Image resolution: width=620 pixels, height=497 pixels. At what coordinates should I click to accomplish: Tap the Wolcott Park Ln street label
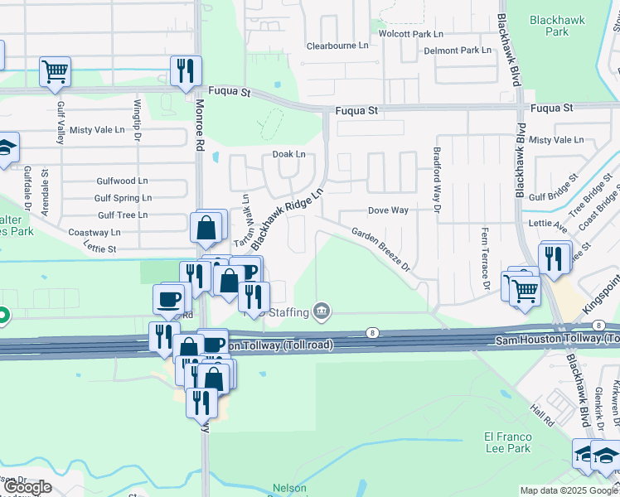click(x=411, y=34)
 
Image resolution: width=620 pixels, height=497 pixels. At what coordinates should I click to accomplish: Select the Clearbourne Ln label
click(x=337, y=46)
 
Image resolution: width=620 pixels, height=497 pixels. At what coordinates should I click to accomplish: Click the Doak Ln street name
click(x=288, y=154)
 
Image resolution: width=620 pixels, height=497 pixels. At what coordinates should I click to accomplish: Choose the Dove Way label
click(x=388, y=210)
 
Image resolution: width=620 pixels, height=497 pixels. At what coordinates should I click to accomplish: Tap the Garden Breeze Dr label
click(x=380, y=249)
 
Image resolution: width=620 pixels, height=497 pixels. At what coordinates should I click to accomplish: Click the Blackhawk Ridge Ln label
click(x=286, y=218)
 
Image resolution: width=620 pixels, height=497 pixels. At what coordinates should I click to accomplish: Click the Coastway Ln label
click(x=94, y=233)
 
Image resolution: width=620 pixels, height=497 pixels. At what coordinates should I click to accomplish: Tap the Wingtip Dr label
click(x=138, y=119)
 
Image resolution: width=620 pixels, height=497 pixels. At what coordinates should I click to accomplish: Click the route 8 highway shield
click(x=373, y=333)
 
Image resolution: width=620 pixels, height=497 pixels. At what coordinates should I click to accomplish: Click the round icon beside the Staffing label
click(x=322, y=311)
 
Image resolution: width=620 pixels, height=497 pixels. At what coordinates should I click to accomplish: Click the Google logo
click(x=28, y=487)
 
